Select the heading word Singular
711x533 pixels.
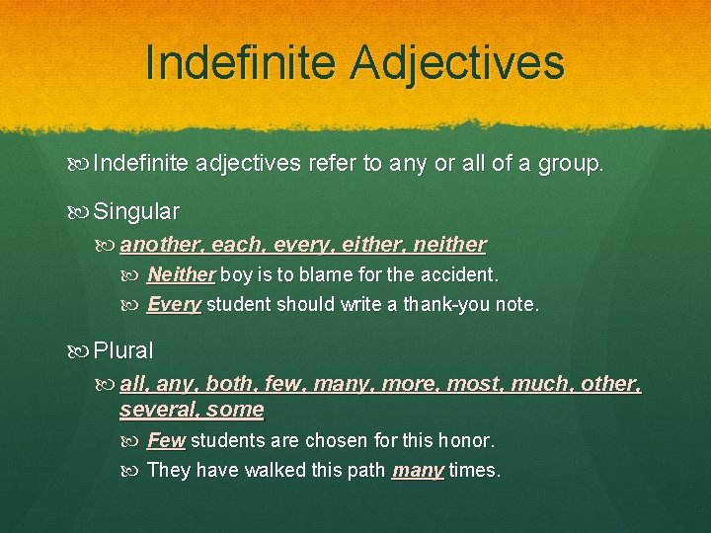click(136, 211)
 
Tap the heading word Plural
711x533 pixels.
click(123, 350)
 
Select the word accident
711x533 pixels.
click(461, 274)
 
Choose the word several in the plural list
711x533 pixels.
click(155, 409)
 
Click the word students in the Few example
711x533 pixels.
click(224, 440)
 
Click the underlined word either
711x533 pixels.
click(361, 244)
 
